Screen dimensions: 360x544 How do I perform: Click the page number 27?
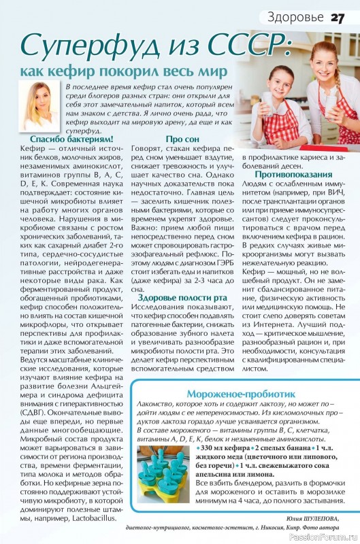pos(338,16)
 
